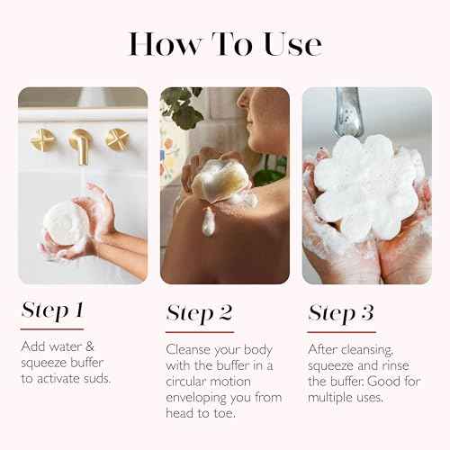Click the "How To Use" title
tap(224, 43)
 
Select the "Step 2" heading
tap(199, 312)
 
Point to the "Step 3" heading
tap(341, 312)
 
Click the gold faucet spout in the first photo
tap(81, 145)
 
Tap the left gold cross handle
tap(42, 139)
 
